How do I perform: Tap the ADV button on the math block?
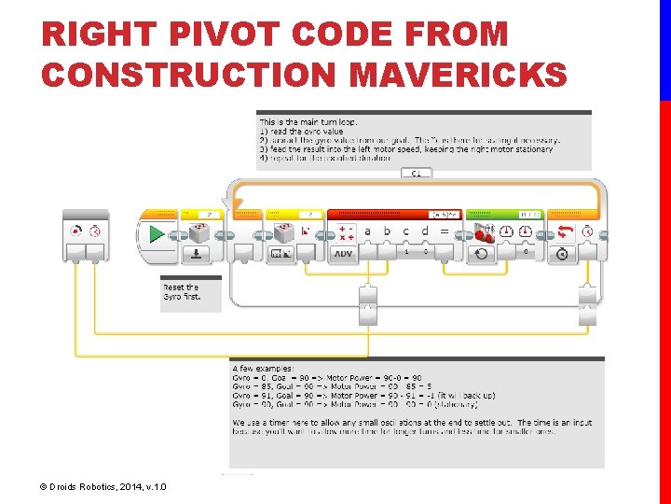coord(344,254)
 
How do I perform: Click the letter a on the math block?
coord(367,231)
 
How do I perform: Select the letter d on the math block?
coord(425,231)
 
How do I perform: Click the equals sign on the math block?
coord(445,231)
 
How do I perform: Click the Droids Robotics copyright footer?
coord(103,486)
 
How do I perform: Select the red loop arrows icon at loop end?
coord(564,231)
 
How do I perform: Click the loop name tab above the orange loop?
coord(416,173)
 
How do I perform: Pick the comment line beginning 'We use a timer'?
coord(410,423)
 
